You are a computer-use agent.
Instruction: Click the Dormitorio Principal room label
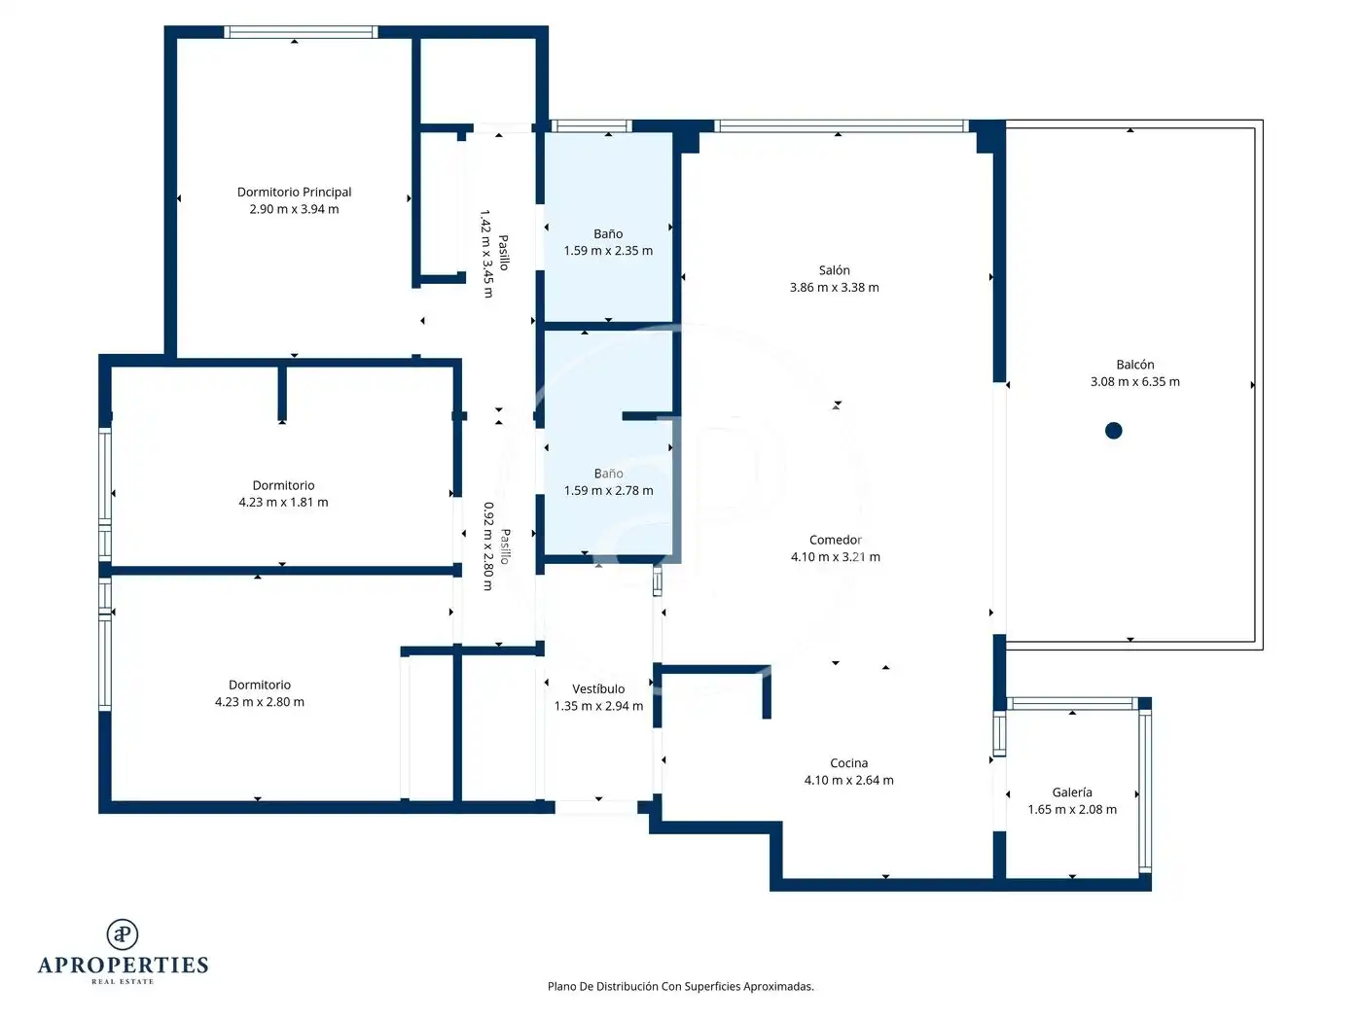[294, 193]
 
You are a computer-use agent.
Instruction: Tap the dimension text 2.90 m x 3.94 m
[294, 209]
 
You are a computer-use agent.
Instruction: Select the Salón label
[834, 270]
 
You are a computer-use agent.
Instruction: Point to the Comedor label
[835, 540]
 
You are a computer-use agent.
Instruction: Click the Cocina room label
[849, 763]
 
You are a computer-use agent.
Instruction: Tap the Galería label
[1072, 792]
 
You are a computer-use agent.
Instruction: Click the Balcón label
[1135, 365]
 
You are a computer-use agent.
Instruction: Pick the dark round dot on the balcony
[1113, 430]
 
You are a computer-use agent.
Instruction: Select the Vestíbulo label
[598, 688]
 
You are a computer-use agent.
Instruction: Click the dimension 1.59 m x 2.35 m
[608, 251]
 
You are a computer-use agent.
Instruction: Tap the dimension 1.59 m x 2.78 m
[608, 491]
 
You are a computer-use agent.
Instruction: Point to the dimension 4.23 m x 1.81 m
[283, 503]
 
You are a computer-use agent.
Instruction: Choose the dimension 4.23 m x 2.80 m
[260, 702]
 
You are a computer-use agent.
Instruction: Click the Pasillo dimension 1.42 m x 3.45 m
[487, 254]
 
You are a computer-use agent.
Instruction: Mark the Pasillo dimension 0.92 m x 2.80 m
[488, 546]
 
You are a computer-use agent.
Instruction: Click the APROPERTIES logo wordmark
[123, 966]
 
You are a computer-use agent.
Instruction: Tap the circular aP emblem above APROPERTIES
[123, 934]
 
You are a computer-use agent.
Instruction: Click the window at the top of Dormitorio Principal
[301, 32]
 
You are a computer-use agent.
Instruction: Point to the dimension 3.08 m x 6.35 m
[1135, 382]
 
